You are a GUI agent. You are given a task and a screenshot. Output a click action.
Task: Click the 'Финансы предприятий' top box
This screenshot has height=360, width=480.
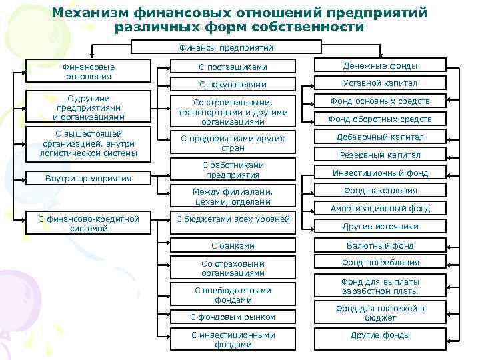point(227,47)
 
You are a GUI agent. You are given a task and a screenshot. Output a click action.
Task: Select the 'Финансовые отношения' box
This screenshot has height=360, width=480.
point(89,71)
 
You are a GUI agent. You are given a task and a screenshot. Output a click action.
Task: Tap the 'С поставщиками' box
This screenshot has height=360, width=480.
point(233,67)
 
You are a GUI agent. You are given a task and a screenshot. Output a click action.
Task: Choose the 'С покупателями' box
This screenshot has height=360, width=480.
point(233,84)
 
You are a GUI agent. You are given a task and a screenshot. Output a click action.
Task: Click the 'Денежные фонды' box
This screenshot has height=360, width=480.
point(381,65)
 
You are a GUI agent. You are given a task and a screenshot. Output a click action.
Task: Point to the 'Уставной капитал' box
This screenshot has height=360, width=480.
point(381,83)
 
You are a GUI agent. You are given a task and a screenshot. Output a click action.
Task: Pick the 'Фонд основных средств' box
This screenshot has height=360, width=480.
point(381,101)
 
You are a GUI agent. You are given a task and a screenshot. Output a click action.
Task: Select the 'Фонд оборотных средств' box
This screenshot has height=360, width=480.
point(381,119)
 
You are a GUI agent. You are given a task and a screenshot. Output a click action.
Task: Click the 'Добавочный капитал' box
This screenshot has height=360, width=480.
point(381,137)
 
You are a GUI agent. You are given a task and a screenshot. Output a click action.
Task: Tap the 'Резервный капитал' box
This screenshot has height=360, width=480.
point(381,155)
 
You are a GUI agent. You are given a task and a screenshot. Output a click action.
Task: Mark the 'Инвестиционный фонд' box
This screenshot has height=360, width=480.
point(381,173)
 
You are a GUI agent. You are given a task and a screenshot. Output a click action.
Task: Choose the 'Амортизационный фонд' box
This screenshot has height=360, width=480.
point(381,208)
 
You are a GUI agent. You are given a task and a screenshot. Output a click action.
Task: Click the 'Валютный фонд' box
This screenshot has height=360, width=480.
point(381,245)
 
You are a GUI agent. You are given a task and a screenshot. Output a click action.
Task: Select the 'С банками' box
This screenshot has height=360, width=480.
point(233,245)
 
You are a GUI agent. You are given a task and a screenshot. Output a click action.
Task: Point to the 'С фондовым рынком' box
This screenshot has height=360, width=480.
point(233,317)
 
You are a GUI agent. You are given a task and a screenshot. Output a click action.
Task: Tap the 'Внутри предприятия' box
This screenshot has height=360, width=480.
point(89,179)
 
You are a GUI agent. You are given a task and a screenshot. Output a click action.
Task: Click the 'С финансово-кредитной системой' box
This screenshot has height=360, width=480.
point(89,223)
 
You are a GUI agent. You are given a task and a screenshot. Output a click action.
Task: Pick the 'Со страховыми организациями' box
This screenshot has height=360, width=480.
point(233,268)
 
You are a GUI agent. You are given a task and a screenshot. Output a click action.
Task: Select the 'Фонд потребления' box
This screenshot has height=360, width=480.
point(381,263)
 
